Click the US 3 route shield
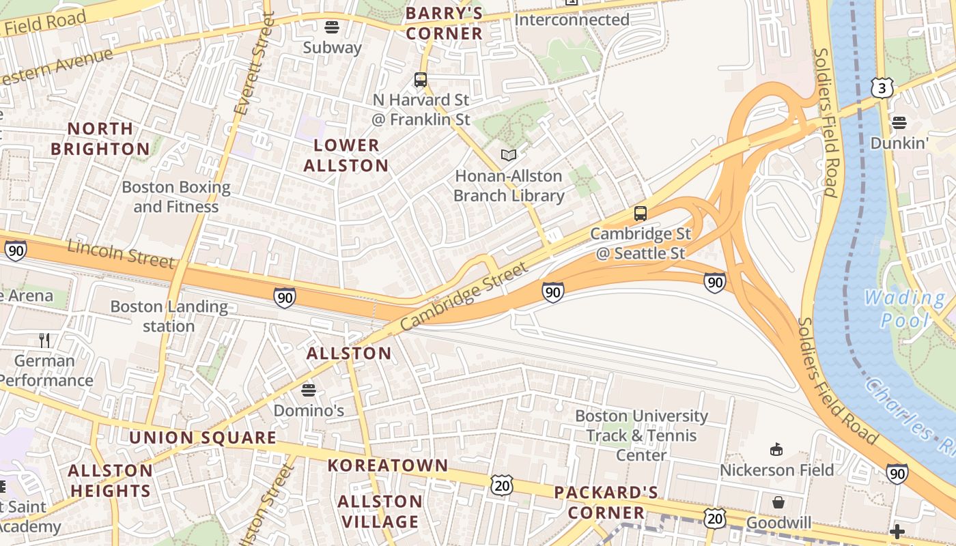pyautogui.click(x=882, y=87)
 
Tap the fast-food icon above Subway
pyautogui.click(x=332, y=27)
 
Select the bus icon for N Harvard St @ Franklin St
pyautogui.click(x=421, y=80)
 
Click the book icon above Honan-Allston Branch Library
pyautogui.click(x=509, y=155)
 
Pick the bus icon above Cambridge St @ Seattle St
pyautogui.click(x=641, y=213)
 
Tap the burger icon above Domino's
pyautogui.click(x=309, y=390)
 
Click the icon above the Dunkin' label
pyautogui.click(x=899, y=123)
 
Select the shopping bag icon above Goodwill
pyautogui.click(x=778, y=503)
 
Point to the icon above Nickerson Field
pyautogui.click(x=776, y=450)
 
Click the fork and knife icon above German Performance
pyautogui.click(x=44, y=341)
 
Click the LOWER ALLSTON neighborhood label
pyautogui.click(x=346, y=155)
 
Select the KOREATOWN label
pyautogui.click(x=388, y=465)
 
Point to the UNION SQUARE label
pyautogui.click(x=203, y=437)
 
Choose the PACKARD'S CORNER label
pyautogui.click(x=606, y=502)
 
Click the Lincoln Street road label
pyautogui.click(x=121, y=255)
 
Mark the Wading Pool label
pyautogui.click(x=905, y=308)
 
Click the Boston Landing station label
pyautogui.click(x=169, y=316)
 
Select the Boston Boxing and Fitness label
pyautogui.click(x=176, y=197)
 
